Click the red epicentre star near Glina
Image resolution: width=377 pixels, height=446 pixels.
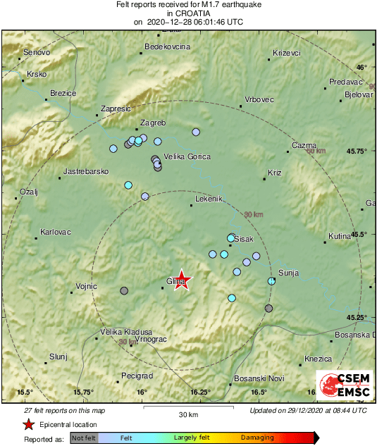tap(182, 280)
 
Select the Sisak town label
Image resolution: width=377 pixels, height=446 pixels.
tap(243, 239)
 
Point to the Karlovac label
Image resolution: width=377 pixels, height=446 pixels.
tap(55, 231)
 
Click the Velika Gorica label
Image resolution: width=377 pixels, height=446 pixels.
tap(187, 157)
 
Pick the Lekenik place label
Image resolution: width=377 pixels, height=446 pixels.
tap(208, 199)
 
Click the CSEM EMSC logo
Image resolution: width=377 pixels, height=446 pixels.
tap(345, 385)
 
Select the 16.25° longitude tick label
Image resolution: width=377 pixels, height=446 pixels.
tap(199, 392)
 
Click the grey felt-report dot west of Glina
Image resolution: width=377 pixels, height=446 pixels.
tap(125, 290)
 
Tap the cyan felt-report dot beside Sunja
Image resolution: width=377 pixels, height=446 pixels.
tap(271, 281)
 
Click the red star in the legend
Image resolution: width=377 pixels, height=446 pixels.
tap(28, 424)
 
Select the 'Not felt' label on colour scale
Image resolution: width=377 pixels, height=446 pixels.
tap(84, 438)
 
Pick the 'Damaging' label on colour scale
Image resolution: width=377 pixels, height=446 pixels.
tap(258, 438)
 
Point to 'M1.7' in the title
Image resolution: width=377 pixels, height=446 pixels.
tap(228, 4)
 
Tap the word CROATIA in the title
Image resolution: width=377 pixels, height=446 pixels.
tap(188, 13)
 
